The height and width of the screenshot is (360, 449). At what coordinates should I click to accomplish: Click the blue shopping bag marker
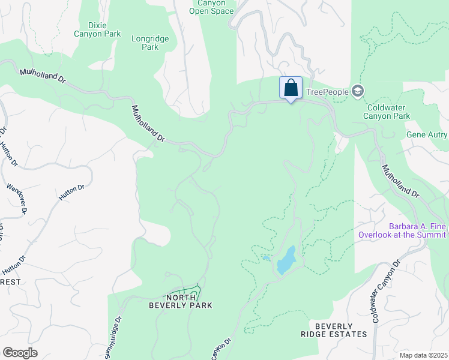tap(291, 88)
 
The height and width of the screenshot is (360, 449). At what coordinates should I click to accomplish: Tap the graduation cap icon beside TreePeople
tap(358, 91)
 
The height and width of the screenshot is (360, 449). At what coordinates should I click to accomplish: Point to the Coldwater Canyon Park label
tap(388, 112)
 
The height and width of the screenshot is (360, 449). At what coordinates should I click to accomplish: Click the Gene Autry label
tap(427, 136)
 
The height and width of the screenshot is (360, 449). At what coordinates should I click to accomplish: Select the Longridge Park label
tap(150, 43)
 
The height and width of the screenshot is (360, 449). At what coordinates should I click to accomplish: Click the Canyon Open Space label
tap(211, 7)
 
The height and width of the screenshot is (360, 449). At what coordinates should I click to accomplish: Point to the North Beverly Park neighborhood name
tap(181, 301)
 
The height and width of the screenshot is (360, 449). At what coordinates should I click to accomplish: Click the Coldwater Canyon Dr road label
tap(385, 292)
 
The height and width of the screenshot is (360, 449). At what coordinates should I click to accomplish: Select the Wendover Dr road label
tap(17, 199)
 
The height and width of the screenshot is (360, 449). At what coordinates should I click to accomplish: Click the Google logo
tap(20, 352)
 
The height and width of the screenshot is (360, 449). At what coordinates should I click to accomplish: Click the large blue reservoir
tap(286, 259)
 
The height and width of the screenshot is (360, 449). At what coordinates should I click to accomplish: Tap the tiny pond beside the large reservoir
tap(265, 259)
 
